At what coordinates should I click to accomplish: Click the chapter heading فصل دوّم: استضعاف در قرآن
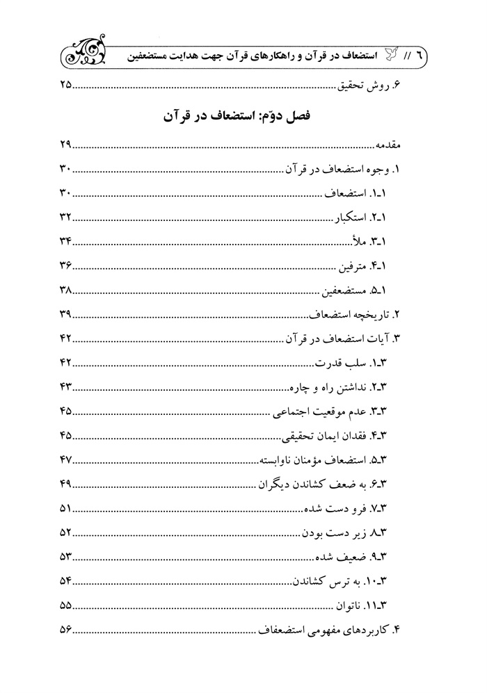pyautogui.click(x=243, y=115)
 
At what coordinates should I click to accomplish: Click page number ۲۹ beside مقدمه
pyautogui.click(x=66, y=147)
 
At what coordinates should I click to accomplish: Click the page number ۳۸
pyautogui.click(x=66, y=290)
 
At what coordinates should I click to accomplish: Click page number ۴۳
pyautogui.click(x=66, y=385)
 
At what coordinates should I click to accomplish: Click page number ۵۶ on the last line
pyautogui.click(x=66, y=628)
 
